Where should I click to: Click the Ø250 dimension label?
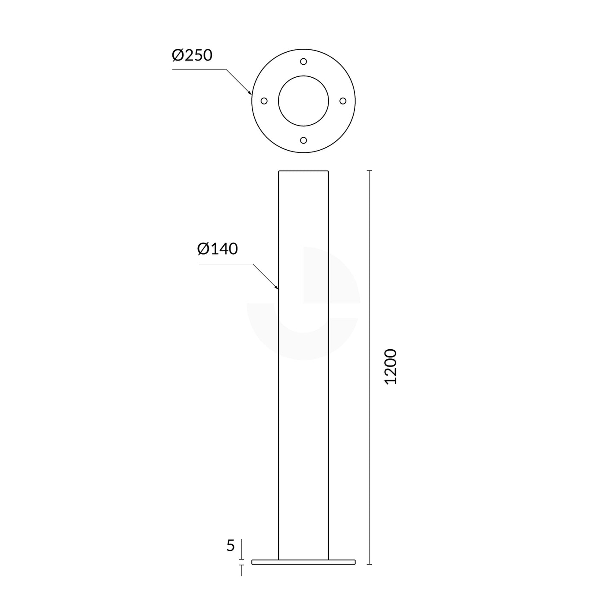192,55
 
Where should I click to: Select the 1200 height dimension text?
390,367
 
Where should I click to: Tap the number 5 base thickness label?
231,546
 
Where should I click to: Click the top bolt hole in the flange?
303,61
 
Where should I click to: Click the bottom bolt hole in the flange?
303,140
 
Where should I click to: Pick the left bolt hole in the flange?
264,101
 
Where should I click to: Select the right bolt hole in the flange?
343,101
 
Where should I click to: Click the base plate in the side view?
303,562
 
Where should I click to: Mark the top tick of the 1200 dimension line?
369,171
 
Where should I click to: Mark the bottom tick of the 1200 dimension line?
369,564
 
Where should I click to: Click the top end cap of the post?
303,171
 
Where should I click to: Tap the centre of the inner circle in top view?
303,101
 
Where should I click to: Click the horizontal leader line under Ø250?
199,69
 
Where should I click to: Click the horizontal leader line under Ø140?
224,264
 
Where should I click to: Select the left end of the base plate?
253,562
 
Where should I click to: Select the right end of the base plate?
354,562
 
